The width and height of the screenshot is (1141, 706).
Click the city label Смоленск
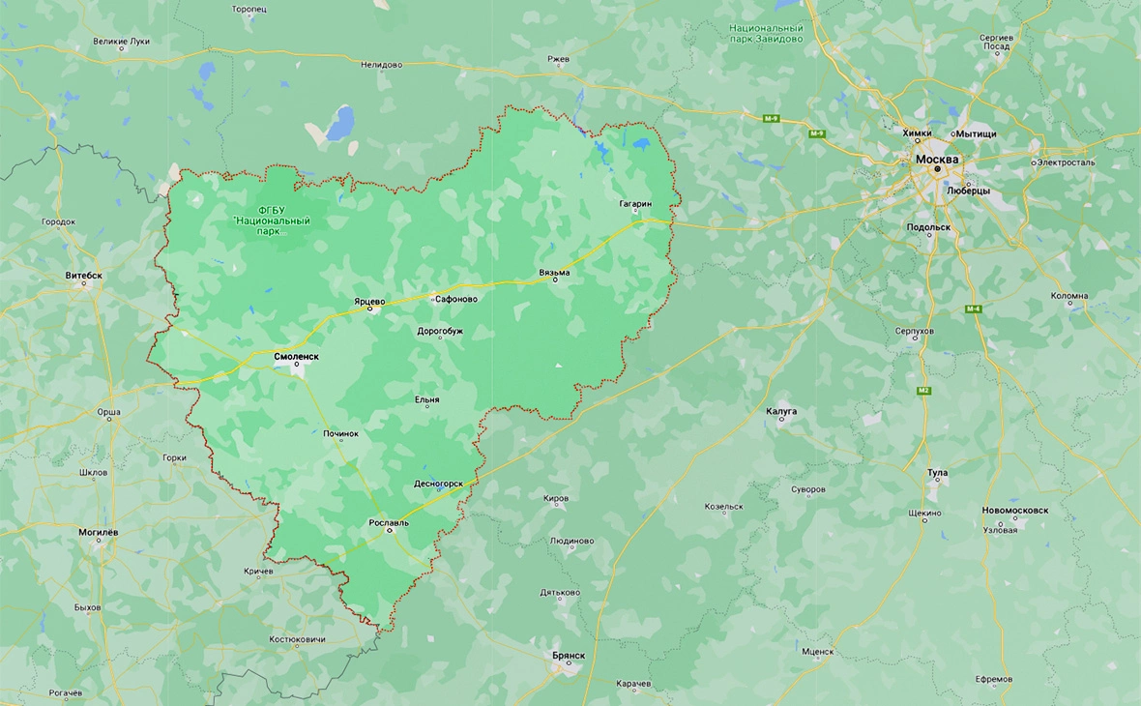coord(296,355)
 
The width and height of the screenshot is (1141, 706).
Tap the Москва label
coord(937,159)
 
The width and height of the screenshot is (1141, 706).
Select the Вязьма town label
coord(554,273)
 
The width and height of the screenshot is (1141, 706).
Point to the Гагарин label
coord(635,205)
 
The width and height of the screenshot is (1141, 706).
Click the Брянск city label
coord(569,655)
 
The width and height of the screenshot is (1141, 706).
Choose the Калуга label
coord(781,411)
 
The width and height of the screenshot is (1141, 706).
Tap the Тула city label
coord(937,473)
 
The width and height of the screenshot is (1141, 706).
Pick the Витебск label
coord(83,276)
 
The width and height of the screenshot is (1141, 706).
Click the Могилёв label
coord(98,532)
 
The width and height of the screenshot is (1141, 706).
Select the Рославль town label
coord(389,522)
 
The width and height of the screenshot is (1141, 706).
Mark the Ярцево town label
coord(369,301)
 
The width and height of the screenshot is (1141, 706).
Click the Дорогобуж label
coord(440,331)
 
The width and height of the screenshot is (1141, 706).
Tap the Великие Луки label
coord(122,42)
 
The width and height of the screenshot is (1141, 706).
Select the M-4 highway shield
coord(973,309)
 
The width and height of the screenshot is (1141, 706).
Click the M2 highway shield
coord(922,390)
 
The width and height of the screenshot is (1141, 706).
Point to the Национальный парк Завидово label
coord(767,34)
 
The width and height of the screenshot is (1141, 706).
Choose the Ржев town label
coord(558,59)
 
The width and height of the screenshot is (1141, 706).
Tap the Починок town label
coord(340,433)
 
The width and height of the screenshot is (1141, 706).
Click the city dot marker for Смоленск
coord(297,365)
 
